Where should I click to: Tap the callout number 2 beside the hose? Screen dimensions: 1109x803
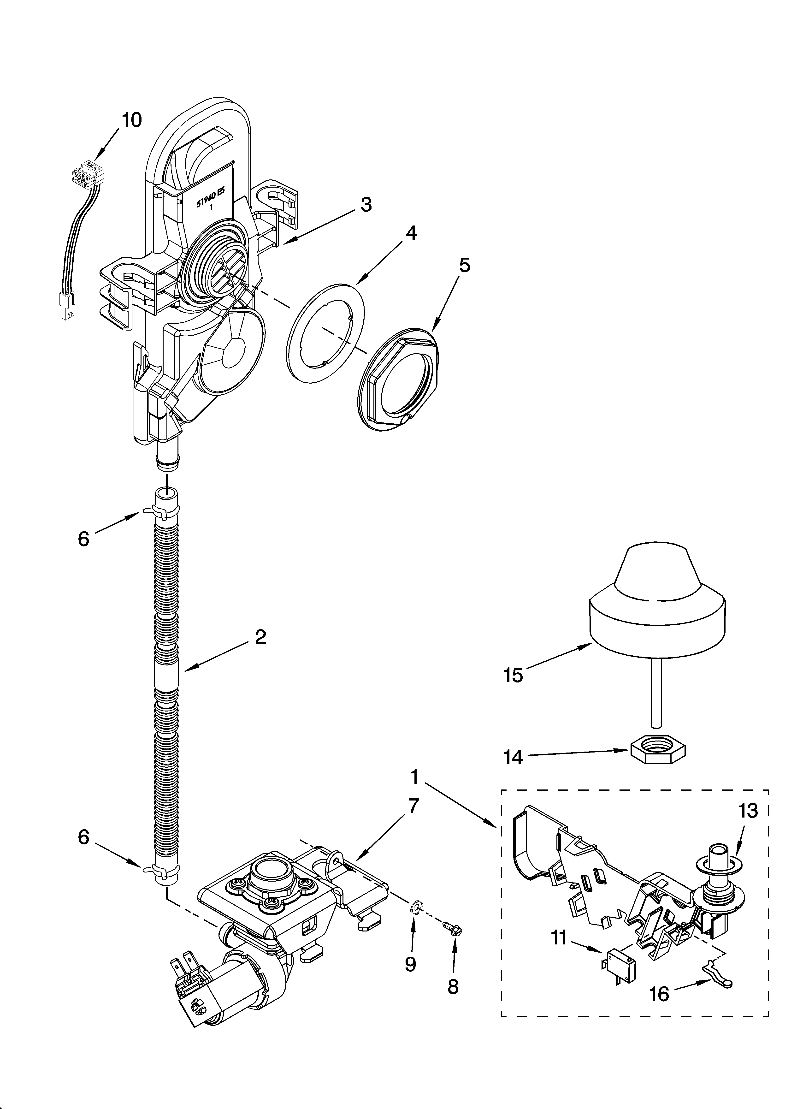[260, 637]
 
